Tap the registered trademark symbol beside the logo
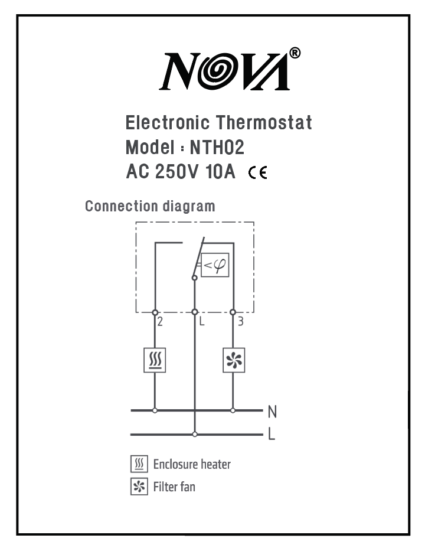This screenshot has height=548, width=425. coord(295,53)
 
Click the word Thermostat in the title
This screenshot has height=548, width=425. coord(264,122)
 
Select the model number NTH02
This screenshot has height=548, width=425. coord(217,147)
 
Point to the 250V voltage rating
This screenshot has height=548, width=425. coord(176,171)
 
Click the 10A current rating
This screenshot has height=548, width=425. coord(220,171)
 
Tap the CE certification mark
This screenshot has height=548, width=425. coord(258,172)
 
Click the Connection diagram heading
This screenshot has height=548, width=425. coord(150,206)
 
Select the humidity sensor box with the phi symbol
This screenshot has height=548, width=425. coord(215,265)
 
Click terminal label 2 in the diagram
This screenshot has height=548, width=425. coord(160,321)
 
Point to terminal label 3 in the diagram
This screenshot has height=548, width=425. coord(240,321)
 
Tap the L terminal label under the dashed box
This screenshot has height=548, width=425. coord(201,321)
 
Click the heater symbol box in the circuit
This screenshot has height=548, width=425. coord(155,360)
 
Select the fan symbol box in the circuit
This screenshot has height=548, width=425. coord(234,360)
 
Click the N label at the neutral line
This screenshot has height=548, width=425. coord(272,412)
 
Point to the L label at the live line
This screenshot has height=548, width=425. coord(272,435)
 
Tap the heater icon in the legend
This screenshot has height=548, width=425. coord(139,464)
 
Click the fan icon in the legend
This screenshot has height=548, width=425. coord(139,487)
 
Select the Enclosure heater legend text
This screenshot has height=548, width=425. coord(192,465)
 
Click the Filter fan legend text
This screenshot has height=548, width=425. coord(174,487)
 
